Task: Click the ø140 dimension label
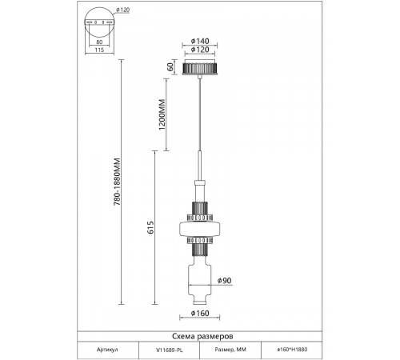[200, 41]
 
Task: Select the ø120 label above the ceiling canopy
[200, 50]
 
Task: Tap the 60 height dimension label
[170, 67]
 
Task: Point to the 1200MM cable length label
[162, 114]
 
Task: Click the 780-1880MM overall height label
[118, 182]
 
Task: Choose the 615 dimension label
[150, 227]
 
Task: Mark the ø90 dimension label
[224, 281]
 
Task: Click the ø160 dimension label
[200, 313]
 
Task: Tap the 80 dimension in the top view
[99, 42]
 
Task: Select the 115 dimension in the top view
[99, 50]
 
